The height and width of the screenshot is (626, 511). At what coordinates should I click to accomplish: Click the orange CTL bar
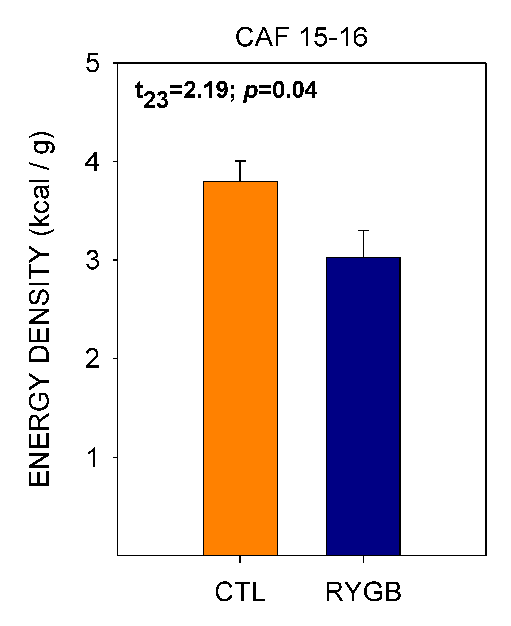[x=240, y=368]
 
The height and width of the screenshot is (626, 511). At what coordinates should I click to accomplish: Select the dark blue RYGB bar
[x=363, y=406]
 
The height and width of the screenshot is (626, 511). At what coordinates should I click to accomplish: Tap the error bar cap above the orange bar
[x=240, y=161]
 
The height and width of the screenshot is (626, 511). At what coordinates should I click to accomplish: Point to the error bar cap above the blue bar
[x=363, y=230]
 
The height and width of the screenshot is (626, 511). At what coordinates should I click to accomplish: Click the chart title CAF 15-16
[x=301, y=38]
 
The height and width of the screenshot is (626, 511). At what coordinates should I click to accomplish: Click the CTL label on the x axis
[x=240, y=592]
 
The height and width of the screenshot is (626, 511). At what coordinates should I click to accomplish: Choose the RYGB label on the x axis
[x=363, y=592]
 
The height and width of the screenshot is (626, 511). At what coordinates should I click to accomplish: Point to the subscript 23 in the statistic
[x=156, y=100]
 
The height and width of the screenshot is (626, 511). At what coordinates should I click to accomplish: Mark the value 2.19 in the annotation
[x=205, y=90]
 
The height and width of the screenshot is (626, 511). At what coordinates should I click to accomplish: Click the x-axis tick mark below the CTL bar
[x=240, y=559]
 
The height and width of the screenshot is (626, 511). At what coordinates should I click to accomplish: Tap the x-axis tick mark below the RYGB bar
[x=363, y=559]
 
